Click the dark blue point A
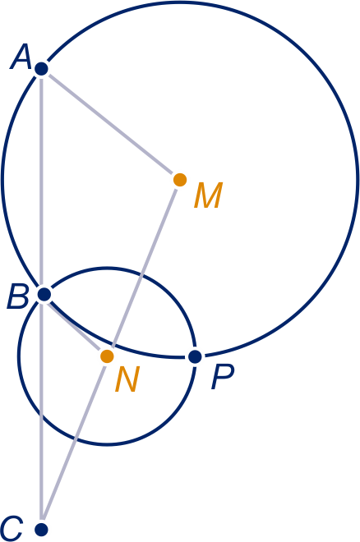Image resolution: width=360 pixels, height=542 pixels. click(x=41, y=69)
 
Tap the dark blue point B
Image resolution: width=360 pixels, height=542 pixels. click(x=44, y=295)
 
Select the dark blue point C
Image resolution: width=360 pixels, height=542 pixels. click(x=41, y=529)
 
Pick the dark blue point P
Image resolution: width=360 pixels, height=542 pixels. click(x=196, y=356)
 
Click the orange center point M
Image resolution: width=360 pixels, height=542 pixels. click(x=180, y=180)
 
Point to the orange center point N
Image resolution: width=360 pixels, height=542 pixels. click(x=107, y=356)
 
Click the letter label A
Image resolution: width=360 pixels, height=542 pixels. click(x=21, y=57)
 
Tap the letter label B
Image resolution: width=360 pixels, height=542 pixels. click(x=17, y=296)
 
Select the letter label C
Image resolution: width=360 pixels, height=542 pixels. click(x=12, y=529)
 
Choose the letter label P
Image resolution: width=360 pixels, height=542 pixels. click(x=223, y=378)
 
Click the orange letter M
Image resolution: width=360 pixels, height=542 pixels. click(x=208, y=195)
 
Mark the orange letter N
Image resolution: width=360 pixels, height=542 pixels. click(x=127, y=379)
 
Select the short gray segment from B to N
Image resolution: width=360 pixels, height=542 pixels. click(x=74, y=325)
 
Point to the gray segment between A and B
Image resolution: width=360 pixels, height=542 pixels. click(x=41, y=181)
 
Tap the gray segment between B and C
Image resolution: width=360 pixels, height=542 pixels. click(x=41, y=410)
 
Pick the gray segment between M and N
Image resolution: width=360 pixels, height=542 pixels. click(x=143, y=268)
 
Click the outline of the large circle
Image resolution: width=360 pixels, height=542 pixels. click(x=358, y=180)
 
